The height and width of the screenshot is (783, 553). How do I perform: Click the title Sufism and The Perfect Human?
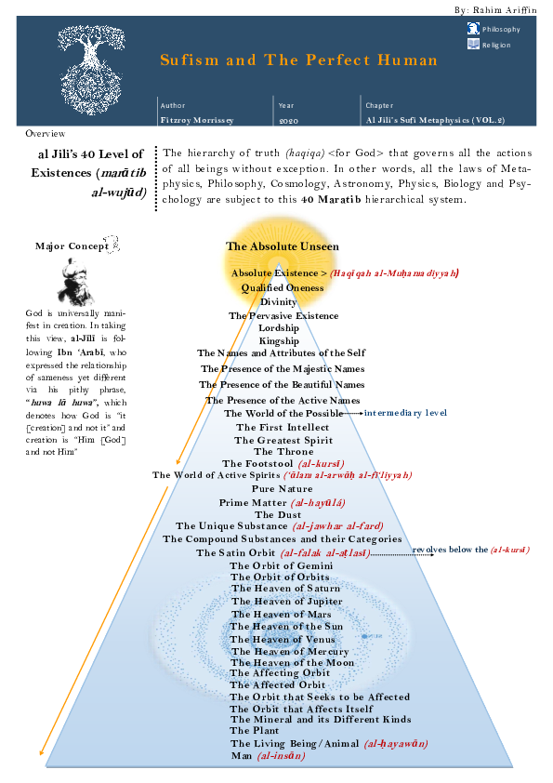point(297,60)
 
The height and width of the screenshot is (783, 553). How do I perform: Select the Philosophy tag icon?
point(473,30)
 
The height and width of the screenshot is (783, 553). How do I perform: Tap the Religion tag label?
point(495,45)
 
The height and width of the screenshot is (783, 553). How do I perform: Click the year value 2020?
point(287,121)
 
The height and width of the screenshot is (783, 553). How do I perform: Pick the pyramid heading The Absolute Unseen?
point(282,246)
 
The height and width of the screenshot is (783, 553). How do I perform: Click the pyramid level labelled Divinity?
point(278,302)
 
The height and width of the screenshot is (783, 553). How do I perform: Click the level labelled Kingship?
point(279,341)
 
